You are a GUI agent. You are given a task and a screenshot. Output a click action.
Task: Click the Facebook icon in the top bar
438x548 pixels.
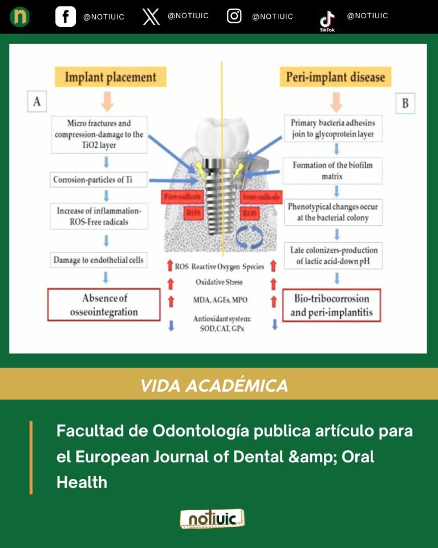pyautogui.click(x=66, y=17)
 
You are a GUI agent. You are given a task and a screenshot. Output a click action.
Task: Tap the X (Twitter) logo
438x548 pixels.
pyautogui.click(x=151, y=17)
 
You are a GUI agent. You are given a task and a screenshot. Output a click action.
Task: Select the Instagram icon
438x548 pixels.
pyautogui.click(x=234, y=16)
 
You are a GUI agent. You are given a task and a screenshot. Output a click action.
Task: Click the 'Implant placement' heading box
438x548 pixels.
pyautogui.click(x=110, y=77)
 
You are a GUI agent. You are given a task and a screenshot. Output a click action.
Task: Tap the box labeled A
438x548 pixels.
pyautogui.click(x=37, y=102)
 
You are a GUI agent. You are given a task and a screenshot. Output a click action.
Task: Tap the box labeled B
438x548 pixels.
pyautogui.click(x=405, y=103)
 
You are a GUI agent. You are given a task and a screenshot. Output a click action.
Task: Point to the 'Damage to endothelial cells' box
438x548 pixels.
pyautogui.click(x=99, y=260)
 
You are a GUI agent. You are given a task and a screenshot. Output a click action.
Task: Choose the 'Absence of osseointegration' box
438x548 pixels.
pyautogui.click(x=104, y=305)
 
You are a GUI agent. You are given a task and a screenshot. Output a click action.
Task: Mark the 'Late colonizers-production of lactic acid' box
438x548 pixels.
pyautogui.click(x=333, y=255)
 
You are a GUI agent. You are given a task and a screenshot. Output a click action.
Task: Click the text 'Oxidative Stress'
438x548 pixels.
pyautogui.click(x=219, y=282)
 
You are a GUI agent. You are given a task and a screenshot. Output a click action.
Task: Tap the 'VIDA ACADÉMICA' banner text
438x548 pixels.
pyautogui.click(x=214, y=385)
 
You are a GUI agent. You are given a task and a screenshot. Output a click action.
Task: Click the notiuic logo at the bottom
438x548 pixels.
pyautogui.click(x=212, y=518)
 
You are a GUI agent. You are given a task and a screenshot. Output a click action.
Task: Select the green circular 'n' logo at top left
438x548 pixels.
pyautogui.click(x=19, y=17)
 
